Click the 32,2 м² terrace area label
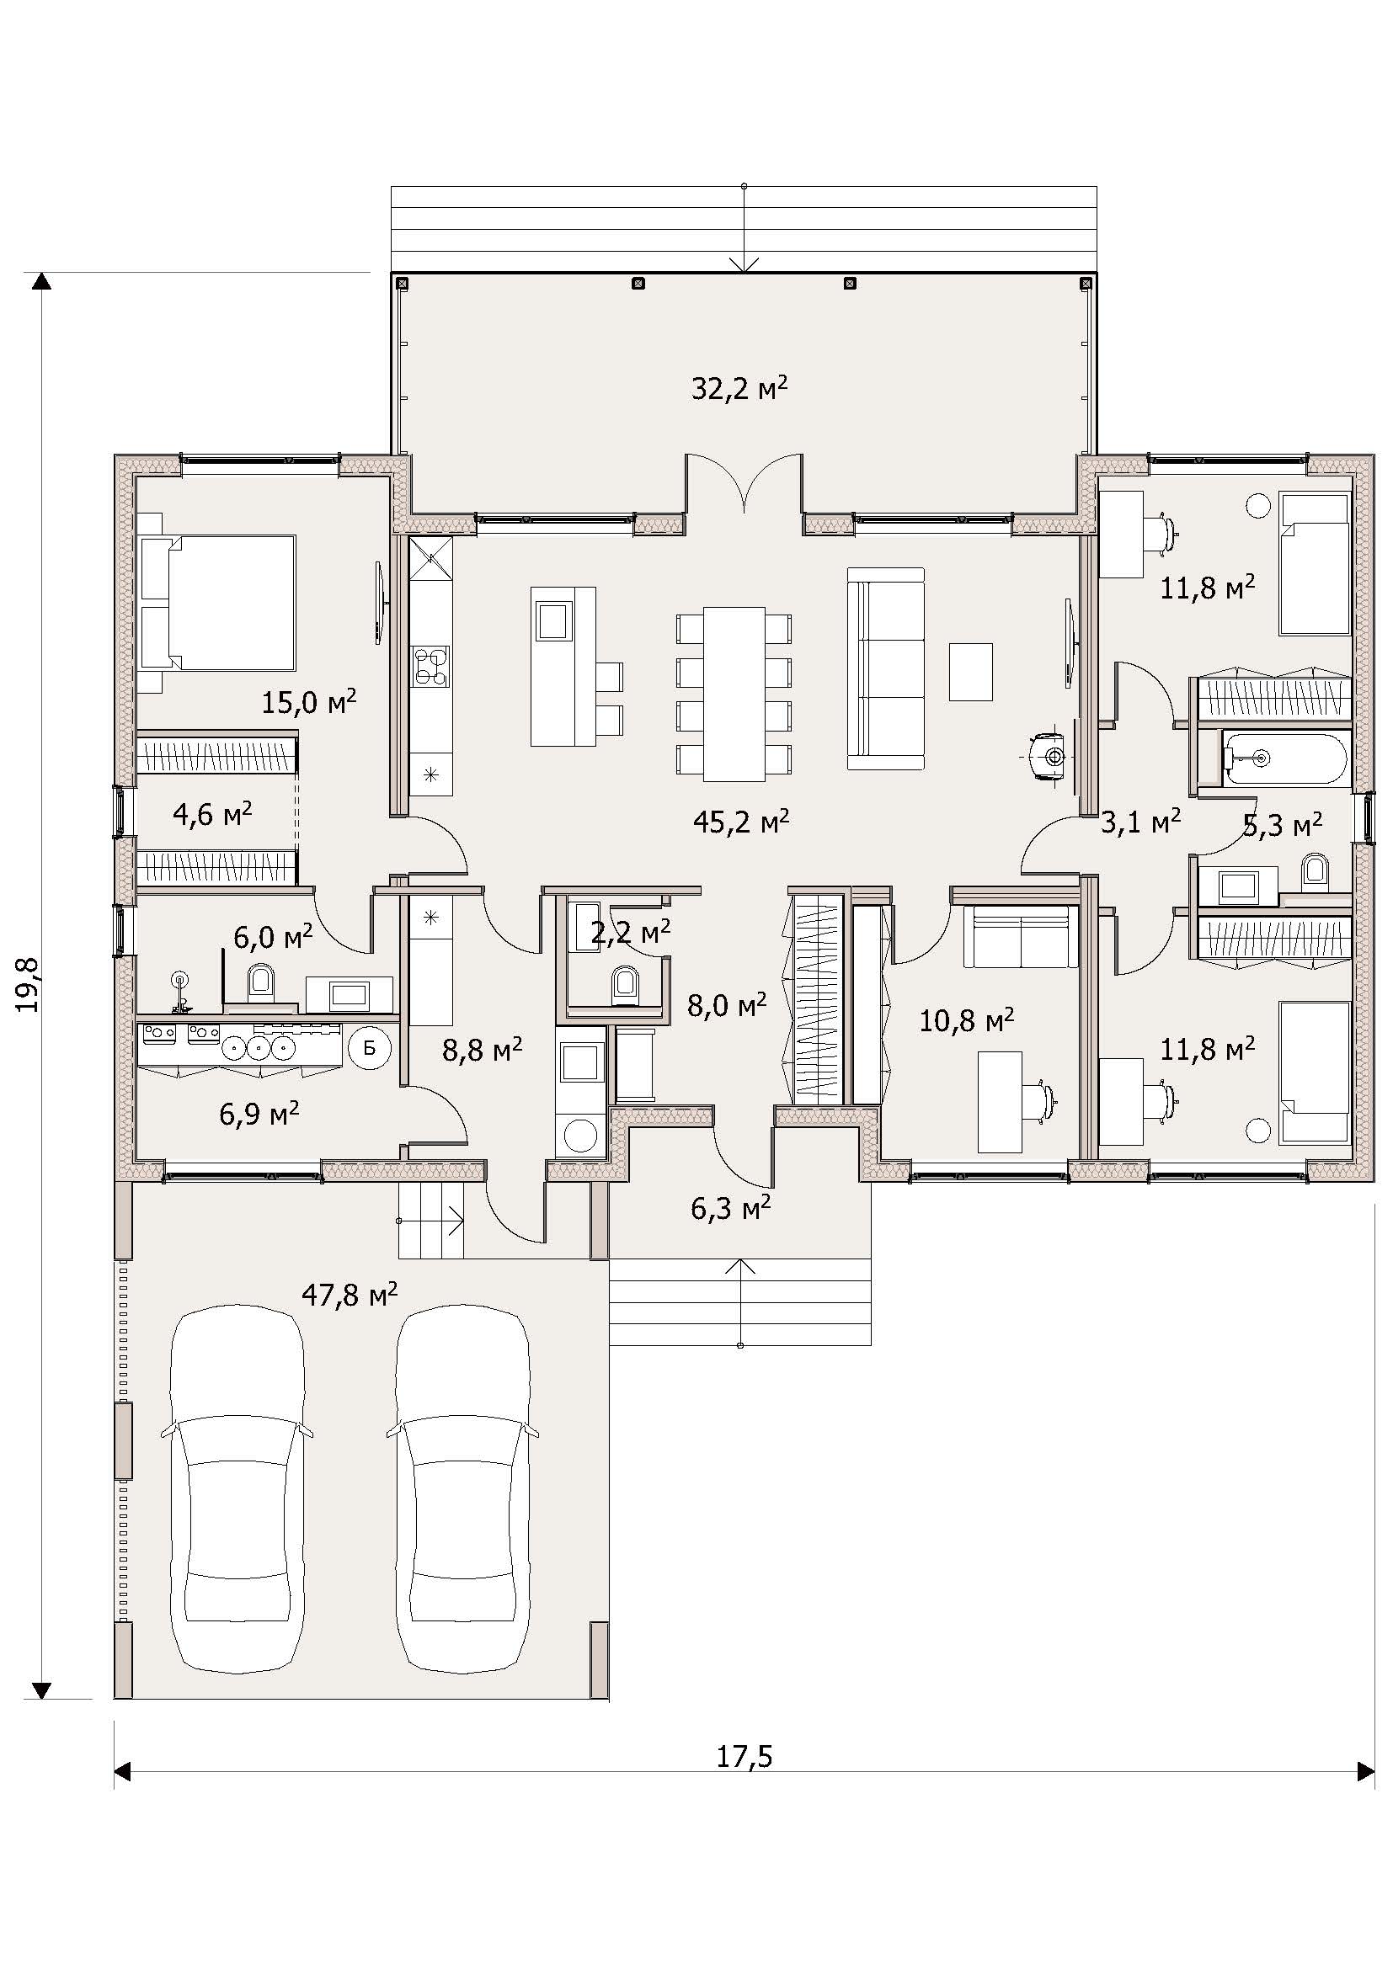739,388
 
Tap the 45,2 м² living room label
741,822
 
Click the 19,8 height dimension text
30,986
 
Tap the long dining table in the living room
734,694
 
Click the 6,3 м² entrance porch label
731,1208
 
